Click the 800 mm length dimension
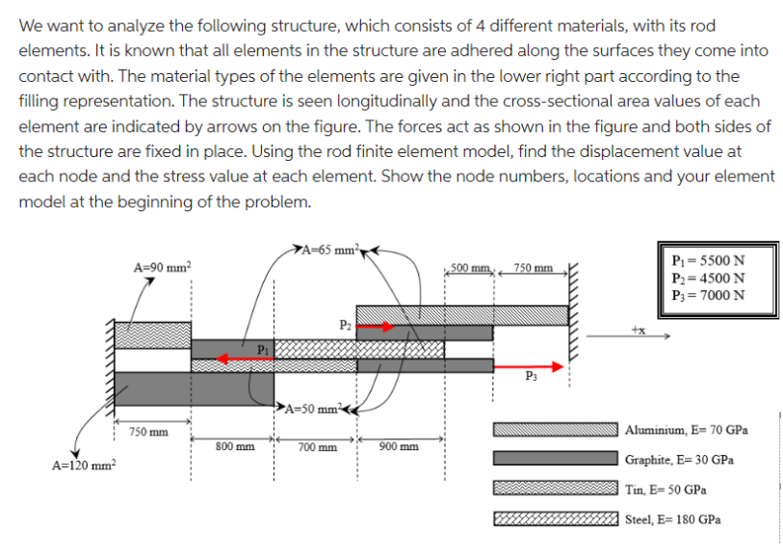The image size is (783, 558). pos(235,447)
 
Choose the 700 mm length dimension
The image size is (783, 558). pos(317,447)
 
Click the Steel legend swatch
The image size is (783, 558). pos(555,518)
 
